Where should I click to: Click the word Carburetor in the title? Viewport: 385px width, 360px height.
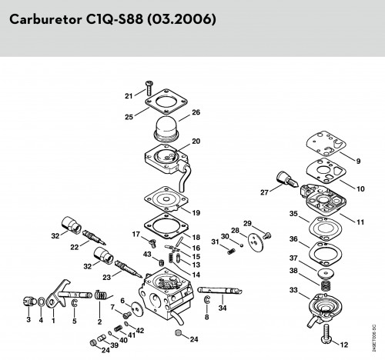click(x=45, y=19)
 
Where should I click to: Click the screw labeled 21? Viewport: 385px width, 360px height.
click(x=149, y=88)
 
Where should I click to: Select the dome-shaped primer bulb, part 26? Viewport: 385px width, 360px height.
click(x=167, y=128)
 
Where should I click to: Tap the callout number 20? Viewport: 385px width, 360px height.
click(x=196, y=142)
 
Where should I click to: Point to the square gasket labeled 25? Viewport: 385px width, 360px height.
click(x=166, y=102)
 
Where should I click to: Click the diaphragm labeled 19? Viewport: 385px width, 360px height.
click(x=166, y=199)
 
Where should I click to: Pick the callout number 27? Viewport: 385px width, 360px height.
click(x=264, y=192)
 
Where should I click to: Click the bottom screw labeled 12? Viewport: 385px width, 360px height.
click(x=326, y=333)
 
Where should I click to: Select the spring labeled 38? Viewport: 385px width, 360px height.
click(x=326, y=285)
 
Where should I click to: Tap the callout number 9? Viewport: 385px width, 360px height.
click(x=358, y=161)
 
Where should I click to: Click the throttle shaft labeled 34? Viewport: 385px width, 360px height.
click(x=219, y=291)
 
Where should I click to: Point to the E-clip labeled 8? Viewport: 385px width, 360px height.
click(x=207, y=299)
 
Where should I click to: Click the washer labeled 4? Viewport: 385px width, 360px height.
click(x=41, y=302)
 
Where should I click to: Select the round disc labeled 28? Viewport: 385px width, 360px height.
click(x=256, y=242)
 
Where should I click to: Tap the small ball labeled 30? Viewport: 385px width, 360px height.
click(x=242, y=245)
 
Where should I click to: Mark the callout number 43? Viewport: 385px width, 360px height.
click(x=147, y=255)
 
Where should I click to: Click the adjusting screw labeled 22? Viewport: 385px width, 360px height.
click(x=94, y=237)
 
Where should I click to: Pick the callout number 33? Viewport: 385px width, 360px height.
click(x=293, y=290)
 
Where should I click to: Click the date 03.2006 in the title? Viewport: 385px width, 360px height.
click(x=182, y=19)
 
